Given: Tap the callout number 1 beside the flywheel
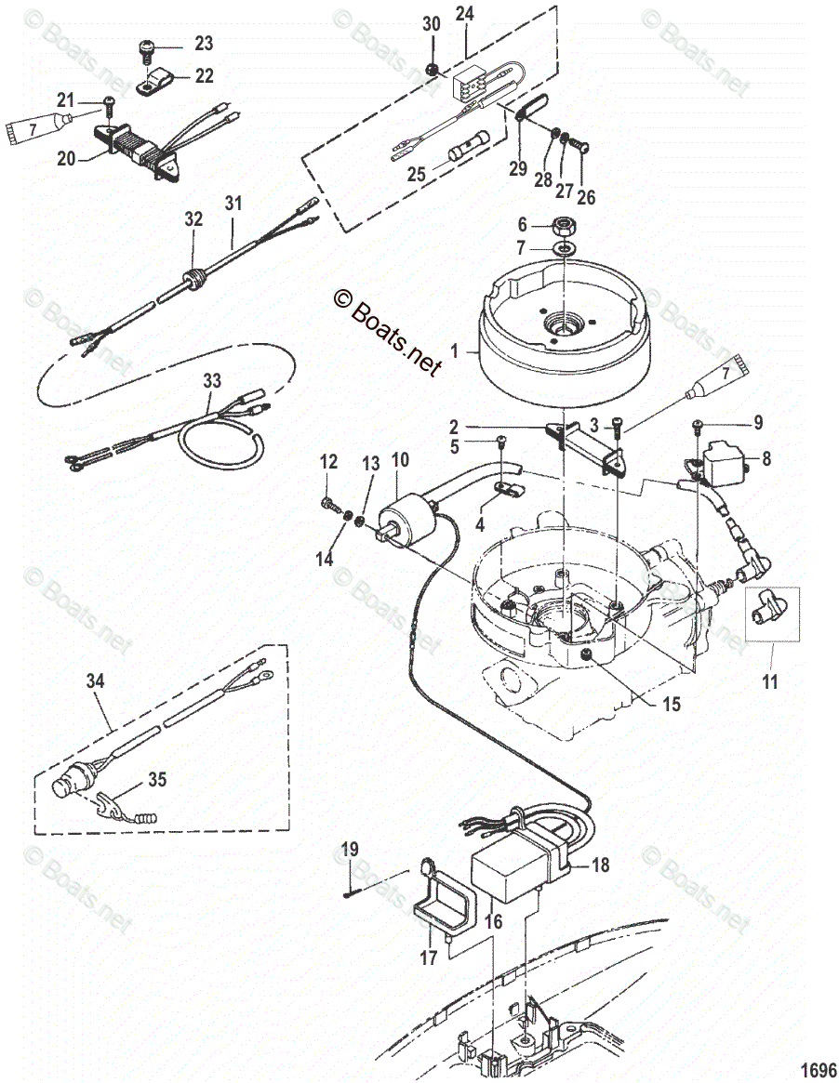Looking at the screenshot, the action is coord(454,350).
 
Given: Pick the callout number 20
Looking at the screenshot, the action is coord(66,159).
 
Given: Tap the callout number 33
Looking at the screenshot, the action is coord(212,380).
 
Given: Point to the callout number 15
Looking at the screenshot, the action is coord(671,704).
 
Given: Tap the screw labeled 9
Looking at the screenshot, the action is coord(698,428).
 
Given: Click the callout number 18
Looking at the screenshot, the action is coord(600,864).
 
